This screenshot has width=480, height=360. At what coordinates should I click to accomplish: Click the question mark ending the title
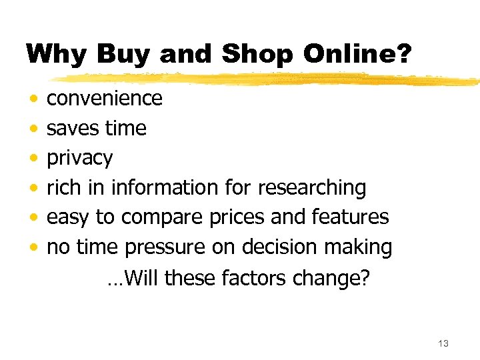tap(405, 54)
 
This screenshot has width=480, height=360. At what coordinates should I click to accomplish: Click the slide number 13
tap(443, 343)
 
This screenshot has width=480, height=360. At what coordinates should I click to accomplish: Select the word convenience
tap(105, 99)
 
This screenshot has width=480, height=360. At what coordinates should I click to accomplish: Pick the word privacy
tap(80, 159)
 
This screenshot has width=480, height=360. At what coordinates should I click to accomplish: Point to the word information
tap(165, 188)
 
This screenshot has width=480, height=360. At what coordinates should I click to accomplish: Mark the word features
tap(350, 217)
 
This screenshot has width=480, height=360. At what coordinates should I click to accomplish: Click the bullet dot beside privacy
tap(33, 158)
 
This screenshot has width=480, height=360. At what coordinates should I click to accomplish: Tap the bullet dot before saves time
tap(33, 128)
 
